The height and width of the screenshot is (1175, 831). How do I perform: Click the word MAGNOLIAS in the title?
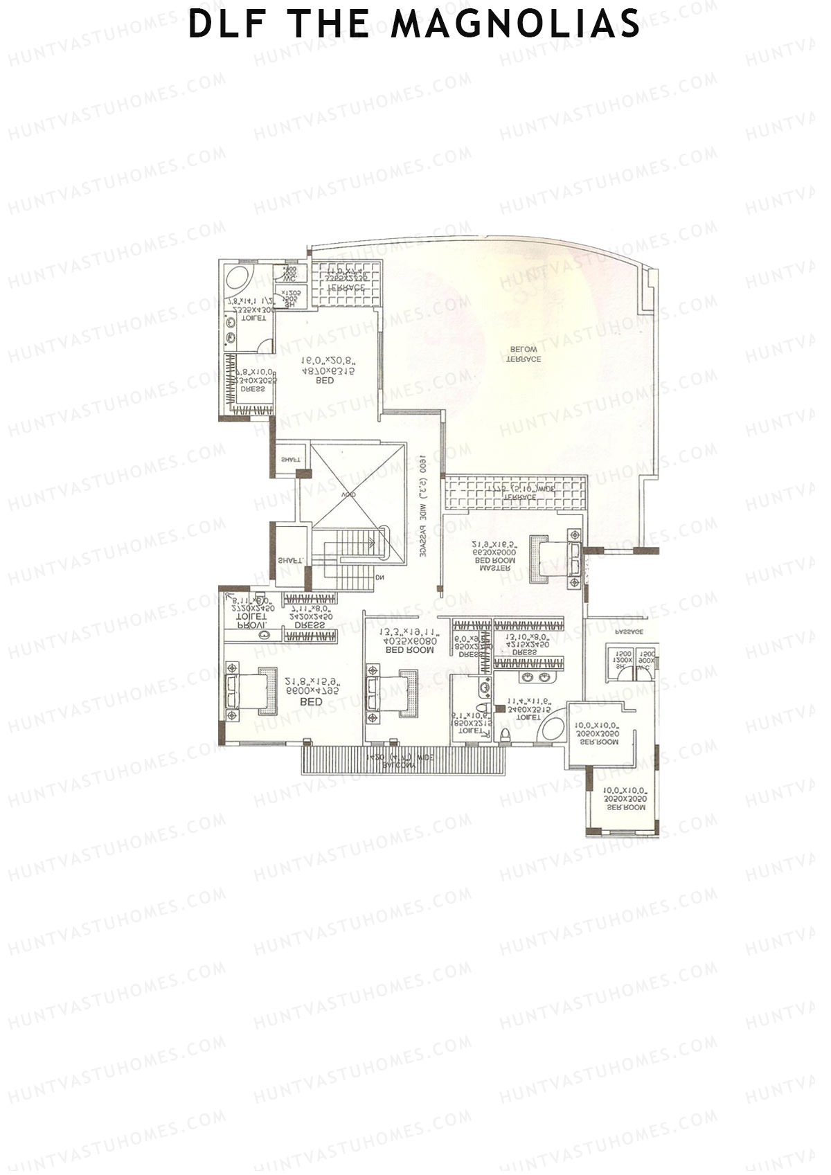[x=515, y=25]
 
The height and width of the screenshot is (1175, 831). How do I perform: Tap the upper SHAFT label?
[x=291, y=460]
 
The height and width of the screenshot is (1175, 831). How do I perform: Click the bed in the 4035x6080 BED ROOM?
[x=392, y=694]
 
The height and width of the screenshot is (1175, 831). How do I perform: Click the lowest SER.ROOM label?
[x=622, y=807]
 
